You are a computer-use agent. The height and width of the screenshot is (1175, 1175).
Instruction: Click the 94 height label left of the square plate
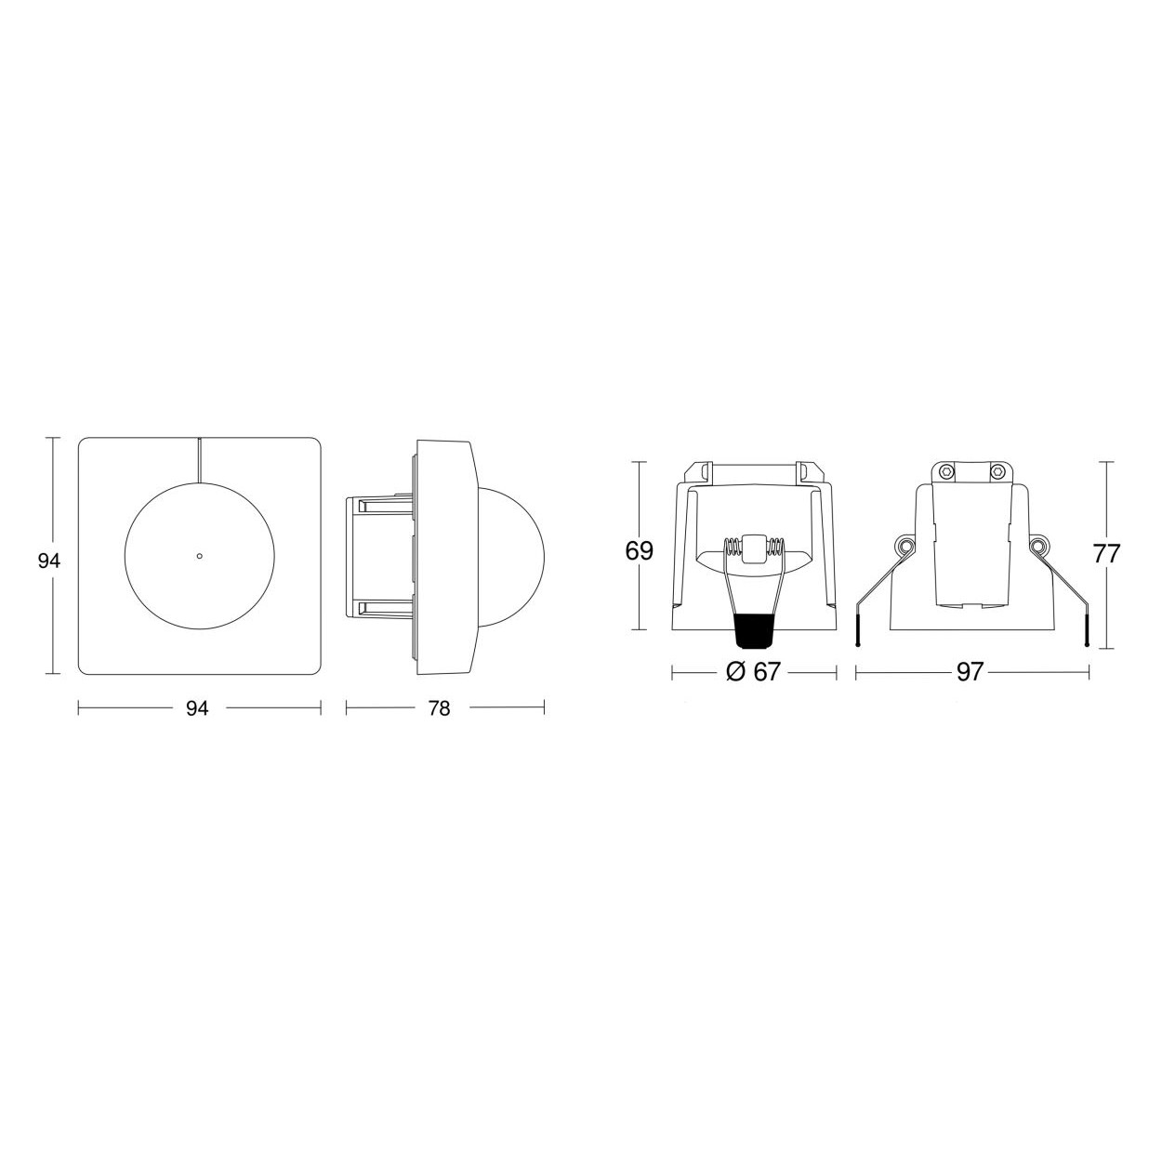click(x=48, y=561)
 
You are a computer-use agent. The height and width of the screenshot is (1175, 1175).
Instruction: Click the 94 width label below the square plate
click(x=198, y=708)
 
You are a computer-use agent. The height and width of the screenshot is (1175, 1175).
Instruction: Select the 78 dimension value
click(x=439, y=708)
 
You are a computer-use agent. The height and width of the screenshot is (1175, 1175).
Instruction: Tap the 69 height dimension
click(x=639, y=550)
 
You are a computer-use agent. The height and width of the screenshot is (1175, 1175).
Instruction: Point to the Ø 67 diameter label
click(x=753, y=671)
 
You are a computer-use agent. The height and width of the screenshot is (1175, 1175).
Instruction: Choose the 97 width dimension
click(x=970, y=671)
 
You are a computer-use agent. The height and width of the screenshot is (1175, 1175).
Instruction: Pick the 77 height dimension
click(x=1106, y=554)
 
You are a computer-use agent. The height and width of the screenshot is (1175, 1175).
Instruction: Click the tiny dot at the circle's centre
click(x=199, y=556)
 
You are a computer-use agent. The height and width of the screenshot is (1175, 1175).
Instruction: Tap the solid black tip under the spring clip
click(x=753, y=632)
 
